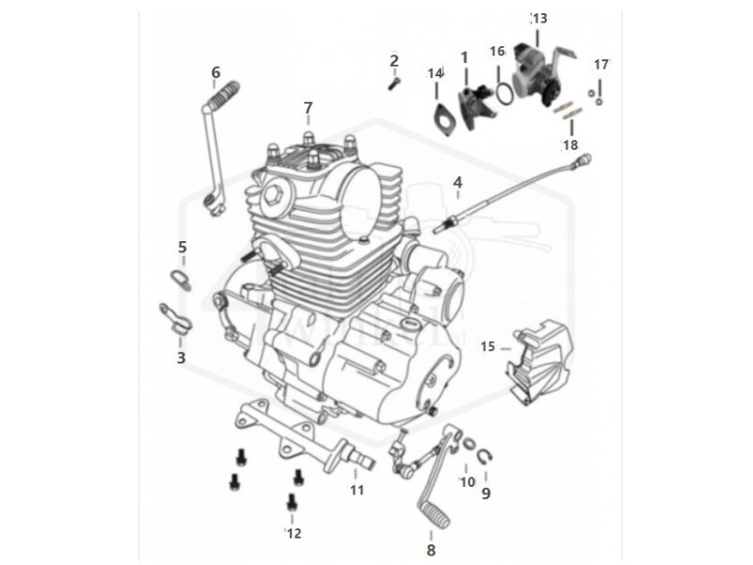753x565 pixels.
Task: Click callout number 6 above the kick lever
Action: pyautogui.click(x=216, y=73)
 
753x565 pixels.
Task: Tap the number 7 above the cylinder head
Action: pyautogui.click(x=307, y=108)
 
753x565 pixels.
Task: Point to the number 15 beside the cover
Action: pyautogui.click(x=488, y=347)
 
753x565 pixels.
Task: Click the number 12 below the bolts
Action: pyautogui.click(x=294, y=533)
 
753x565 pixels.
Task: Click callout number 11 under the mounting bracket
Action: pyautogui.click(x=357, y=490)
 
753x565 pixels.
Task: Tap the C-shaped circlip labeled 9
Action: pyautogui.click(x=487, y=460)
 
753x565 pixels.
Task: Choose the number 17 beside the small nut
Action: pyautogui.click(x=601, y=64)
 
